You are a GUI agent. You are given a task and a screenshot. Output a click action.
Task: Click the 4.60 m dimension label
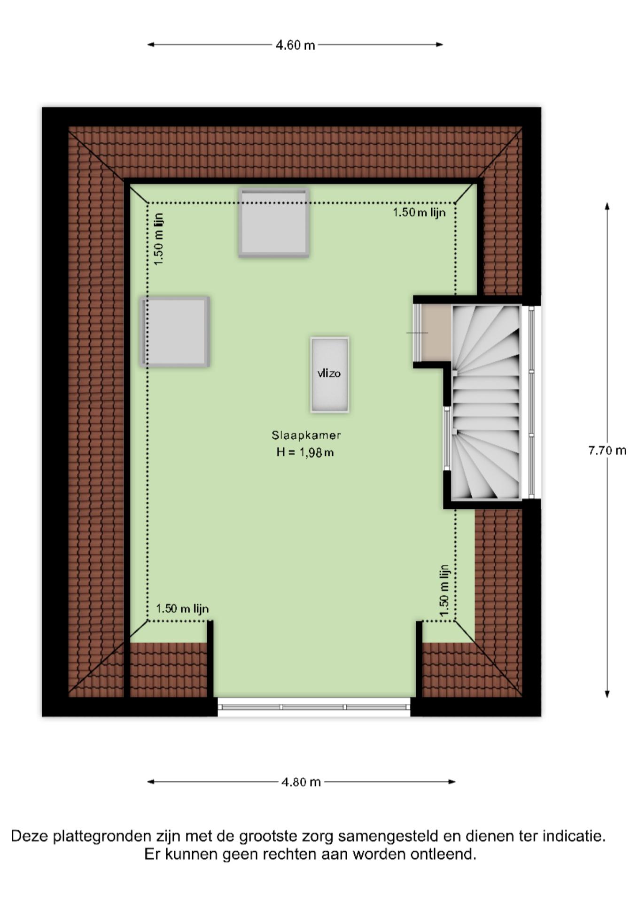click(x=295, y=45)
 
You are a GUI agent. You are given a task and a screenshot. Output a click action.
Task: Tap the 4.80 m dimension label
click(x=301, y=782)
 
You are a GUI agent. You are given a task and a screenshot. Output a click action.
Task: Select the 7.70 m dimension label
click(x=607, y=451)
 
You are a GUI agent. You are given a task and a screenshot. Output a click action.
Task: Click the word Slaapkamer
click(x=306, y=435)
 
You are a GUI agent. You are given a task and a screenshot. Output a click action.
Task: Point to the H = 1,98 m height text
click(x=305, y=452)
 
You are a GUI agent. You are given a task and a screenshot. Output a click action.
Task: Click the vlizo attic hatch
click(x=329, y=374)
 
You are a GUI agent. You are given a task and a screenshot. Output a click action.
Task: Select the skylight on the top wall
click(x=273, y=222)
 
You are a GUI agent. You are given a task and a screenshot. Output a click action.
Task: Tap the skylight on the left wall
click(x=174, y=331)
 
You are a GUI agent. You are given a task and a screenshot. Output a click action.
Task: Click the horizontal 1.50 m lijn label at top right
click(x=419, y=212)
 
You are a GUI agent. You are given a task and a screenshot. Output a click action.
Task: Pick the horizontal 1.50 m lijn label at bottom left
click(x=182, y=609)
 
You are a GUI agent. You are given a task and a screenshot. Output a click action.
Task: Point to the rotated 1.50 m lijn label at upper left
click(x=159, y=239)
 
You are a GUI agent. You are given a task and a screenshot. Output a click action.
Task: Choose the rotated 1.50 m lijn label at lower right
click(x=444, y=591)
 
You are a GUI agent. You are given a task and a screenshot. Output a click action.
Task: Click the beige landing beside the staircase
click(x=436, y=333)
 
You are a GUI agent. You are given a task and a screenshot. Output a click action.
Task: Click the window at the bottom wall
click(x=313, y=707)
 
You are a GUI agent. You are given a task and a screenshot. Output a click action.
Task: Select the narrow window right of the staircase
click(x=531, y=402)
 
